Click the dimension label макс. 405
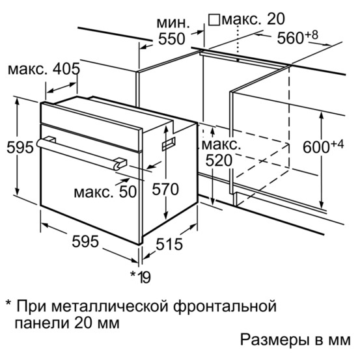coord(44,69)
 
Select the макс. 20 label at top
coord(253,19)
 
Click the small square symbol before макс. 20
coord(214,20)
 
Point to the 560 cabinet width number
coord(290,38)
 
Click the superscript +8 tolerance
coord(312,34)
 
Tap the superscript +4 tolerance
coord(337,144)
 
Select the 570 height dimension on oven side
coord(165,189)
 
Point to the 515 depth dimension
coord(169,244)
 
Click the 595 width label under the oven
coord(85,241)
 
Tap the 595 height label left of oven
coord(20,147)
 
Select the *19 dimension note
coord(141,277)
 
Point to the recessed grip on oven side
coord(169,144)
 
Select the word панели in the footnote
coord(42,323)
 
